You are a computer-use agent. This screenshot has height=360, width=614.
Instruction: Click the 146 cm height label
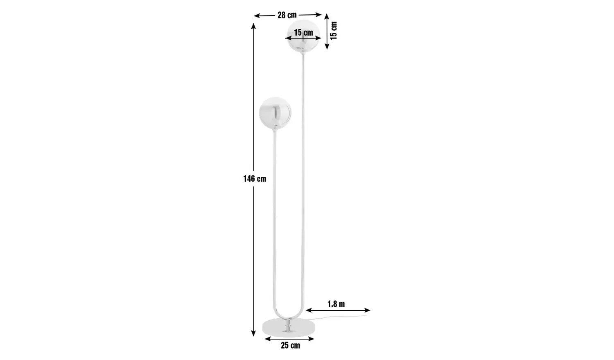[x=255, y=179]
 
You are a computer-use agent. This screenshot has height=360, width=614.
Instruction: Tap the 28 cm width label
[x=287, y=15]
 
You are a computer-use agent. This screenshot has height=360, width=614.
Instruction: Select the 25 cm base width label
[x=290, y=346]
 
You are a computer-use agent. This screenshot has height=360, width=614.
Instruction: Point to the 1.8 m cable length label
[x=336, y=304]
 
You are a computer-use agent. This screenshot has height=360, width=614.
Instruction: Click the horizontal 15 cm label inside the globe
[x=303, y=33]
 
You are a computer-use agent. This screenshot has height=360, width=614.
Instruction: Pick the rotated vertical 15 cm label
[x=333, y=30]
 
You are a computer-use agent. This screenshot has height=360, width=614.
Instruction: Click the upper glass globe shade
[x=303, y=36]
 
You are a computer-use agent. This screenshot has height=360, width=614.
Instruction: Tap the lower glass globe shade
[x=275, y=113]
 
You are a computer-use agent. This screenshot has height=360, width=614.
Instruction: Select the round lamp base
[x=289, y=328]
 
